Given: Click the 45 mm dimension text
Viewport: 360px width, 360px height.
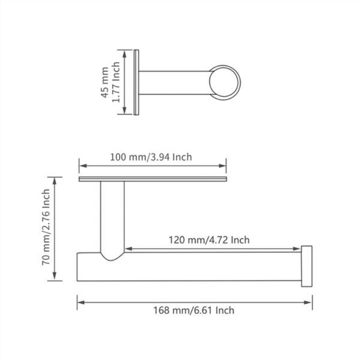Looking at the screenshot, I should coord(104,82).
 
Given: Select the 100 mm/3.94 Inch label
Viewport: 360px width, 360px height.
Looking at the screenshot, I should coord(151,157).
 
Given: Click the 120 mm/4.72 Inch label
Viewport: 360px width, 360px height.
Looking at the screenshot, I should coord(209,240).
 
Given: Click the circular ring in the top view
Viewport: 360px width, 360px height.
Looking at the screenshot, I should coord(225,83).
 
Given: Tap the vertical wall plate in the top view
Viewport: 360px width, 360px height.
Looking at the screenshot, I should coord(136,82).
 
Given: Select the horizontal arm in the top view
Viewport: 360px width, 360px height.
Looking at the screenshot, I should coord(175,83).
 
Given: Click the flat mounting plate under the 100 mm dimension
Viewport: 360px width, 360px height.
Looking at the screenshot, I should coord(153,179).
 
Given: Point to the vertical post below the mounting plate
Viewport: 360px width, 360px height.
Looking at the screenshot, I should coord(112,216).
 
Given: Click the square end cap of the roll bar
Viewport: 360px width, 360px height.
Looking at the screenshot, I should coord(306,266).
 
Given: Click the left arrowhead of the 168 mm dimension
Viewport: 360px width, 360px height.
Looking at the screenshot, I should coord(80,302).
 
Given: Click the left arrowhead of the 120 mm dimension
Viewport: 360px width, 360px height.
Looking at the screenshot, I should coord(128,248).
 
